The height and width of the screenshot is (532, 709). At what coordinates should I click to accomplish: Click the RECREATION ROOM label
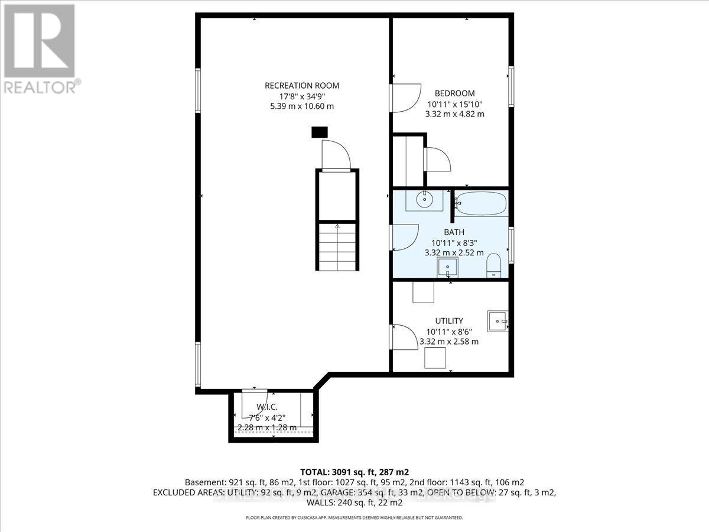tap(302, 86)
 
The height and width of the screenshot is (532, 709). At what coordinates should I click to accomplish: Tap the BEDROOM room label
tap(454, 93)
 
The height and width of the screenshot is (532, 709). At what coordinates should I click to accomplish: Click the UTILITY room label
tap(450, 320)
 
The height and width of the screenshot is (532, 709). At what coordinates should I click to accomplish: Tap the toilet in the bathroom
tap(493, 265)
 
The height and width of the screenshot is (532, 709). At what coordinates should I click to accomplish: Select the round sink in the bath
tap(424, 200)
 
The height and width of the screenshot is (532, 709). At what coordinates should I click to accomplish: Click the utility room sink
tap(497, 322)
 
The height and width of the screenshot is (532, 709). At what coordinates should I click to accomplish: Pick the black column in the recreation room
tap(319, 132)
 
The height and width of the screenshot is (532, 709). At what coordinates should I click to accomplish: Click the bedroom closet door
tap(437, 158)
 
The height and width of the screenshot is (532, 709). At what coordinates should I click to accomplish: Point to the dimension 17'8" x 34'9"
tap(302, 96)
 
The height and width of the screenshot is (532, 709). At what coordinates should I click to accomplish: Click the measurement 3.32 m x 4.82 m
tap(456, 113)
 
